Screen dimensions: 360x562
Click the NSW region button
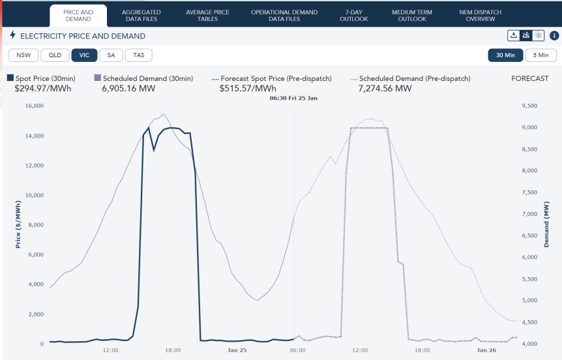(23, 55)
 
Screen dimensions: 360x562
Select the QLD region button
(55, 55)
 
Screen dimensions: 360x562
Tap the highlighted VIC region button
(84, 55)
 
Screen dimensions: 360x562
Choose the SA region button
(111, 55)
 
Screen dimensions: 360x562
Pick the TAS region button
(138, 55)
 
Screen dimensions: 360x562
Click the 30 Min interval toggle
(505, 55)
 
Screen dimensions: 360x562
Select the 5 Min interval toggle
(540, 55)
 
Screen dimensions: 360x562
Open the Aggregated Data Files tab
(141, 16)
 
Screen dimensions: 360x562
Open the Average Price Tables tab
(207, 16)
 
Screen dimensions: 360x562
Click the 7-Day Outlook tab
(354, 16)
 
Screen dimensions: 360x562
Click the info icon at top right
(554, 36)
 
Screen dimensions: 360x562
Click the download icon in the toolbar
(514, 36)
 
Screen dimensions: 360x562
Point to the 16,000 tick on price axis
(33, 106)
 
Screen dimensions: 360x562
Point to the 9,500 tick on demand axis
(531, 106)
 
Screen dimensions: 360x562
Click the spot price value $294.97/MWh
(42, 89)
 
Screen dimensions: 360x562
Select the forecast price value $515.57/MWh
(248, 89)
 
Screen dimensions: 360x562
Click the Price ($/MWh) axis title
(18, 224)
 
